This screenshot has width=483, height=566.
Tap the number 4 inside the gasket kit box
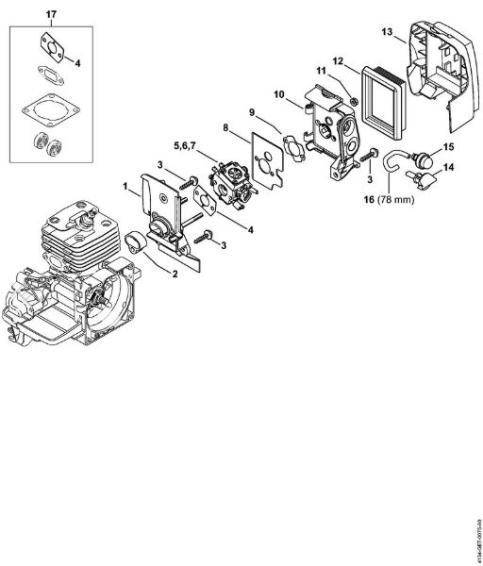(x=77, y=63)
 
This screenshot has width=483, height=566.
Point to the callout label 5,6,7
(x=184, y=146)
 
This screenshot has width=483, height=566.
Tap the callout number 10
(x=279, y=94)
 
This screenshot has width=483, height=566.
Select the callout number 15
(x=449, y=147)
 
